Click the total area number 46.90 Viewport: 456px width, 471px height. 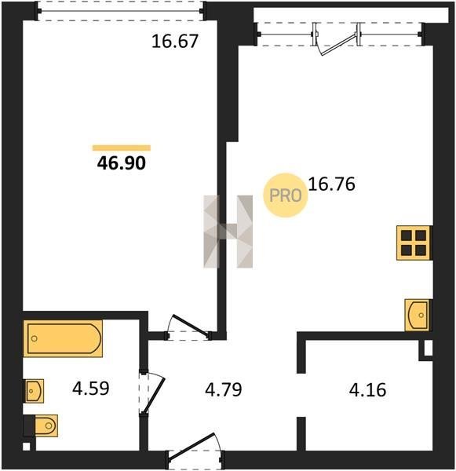pyautogui.click(x=122, y=163)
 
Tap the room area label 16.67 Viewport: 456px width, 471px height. pyautogui.click(x=175, y=42)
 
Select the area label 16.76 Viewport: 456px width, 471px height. pyautogui.click(x=332, y=184)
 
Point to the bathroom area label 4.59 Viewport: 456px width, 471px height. pyautogui.click(x=91, y=388)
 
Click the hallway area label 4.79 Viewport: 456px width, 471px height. pyautogui.click(x=223, y=390)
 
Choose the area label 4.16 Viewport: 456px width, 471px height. pyautogui.click(x=367, y=390)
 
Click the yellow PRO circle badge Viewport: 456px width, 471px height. pyautogui.click(x=286, y=195)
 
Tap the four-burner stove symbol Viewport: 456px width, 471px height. pyautogui.click(x=414, y=243)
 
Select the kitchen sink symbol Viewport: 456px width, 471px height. pyautogui.click(x=418, y=315)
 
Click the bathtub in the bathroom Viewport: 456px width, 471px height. pyautogui.click(x=63, y=338)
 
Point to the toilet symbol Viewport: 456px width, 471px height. pyautogui.click(x=41, y=425)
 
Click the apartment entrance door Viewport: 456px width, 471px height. pyautogui.click(x=195, y=447)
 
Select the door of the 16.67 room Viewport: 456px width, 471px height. pyautogui.click(x=188, y=327)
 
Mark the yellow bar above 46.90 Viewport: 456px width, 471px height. pyautogui.click(x=122, y=148)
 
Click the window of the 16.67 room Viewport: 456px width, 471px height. pyautogui.click(x=121, y=11)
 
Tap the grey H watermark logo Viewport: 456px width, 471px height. pyautogui.click(x=228, y=232)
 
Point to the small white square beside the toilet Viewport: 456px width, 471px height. pyautogui.click(x=27, y=447)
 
